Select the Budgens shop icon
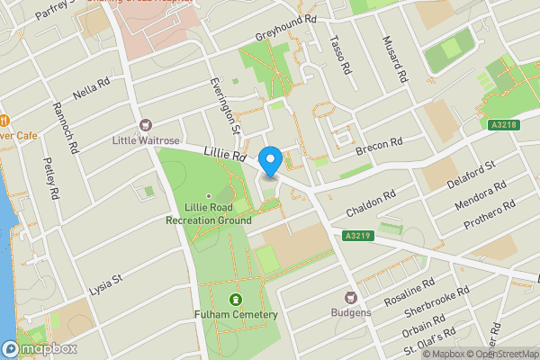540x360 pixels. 350,297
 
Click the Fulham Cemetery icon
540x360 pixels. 235,299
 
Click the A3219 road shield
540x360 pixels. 358,235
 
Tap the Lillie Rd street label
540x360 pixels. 224,156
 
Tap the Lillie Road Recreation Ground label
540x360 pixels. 208,212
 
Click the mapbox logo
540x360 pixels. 40,348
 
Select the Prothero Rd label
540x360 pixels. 485,216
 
